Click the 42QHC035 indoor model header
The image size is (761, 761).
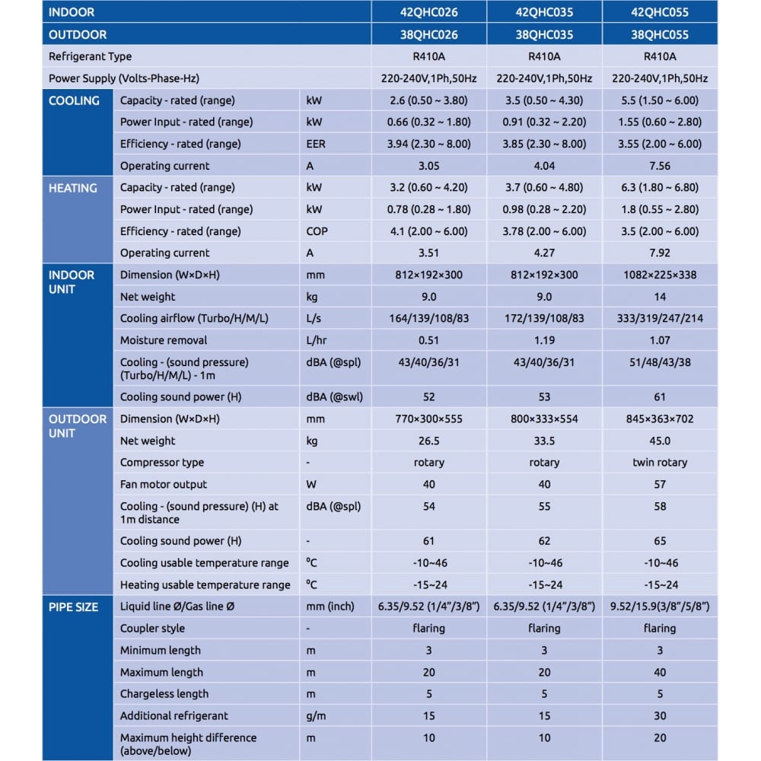(544, 12)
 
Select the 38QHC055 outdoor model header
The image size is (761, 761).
(660, 34)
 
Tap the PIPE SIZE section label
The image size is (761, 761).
(73, 607)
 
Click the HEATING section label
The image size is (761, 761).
(73, 188)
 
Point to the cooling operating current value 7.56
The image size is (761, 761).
(660, 166)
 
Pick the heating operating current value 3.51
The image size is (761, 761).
(428, 253)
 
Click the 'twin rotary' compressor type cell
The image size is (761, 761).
(660, 463)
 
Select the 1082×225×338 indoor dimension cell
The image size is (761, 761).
(660, 275)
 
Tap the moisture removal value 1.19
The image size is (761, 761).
(544, 340)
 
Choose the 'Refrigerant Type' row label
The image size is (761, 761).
(90, 56)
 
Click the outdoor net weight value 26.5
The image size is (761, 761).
(428, 441)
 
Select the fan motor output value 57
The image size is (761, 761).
(660, 484)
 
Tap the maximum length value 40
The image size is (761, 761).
(660, 672)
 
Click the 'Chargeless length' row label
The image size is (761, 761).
(164, 694)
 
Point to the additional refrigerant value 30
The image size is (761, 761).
(660, 715)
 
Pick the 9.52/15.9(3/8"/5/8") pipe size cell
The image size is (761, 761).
(660, 607)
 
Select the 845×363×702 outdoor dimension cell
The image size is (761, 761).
(660, 419)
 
